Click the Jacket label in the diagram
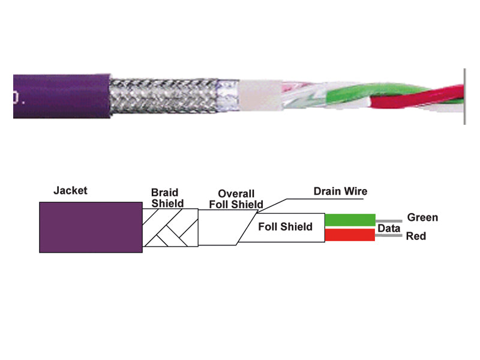pos(70,191)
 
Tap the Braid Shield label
pos(167,199)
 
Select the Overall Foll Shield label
pos(236,199)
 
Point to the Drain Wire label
pos(340,191)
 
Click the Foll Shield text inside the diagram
pos(285,227)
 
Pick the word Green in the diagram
pos(422,217)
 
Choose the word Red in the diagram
pos(416,236)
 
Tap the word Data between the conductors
pos(389,229)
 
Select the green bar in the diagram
pos(350,220)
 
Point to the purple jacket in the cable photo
pos(60,96)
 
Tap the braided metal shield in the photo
pos(162,96)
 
